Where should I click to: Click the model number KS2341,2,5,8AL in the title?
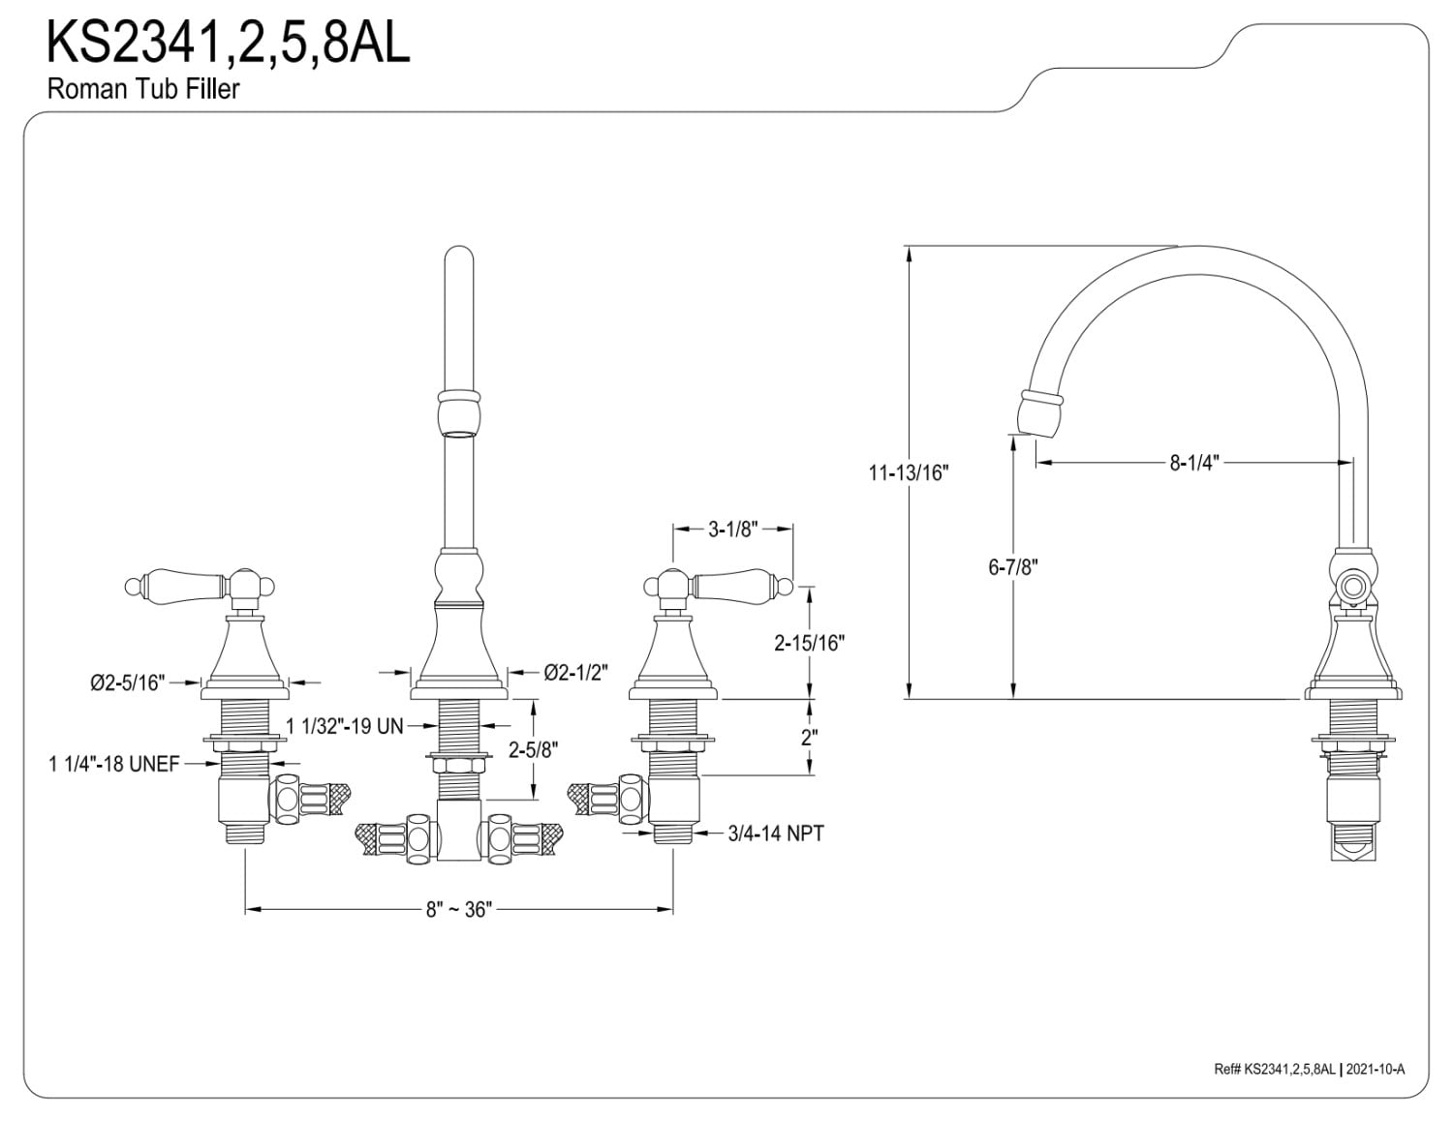229,44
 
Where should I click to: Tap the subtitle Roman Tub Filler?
143,89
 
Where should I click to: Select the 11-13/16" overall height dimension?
909,473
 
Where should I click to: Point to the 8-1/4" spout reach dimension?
1192,464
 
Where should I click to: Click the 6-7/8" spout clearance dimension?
1012,567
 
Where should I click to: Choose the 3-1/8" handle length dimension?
732,530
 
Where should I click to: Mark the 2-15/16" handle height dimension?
810,642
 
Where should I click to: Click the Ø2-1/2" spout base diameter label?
575,672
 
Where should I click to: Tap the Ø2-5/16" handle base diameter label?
128,682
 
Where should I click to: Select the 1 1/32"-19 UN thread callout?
344,725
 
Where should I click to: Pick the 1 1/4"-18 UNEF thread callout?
114,764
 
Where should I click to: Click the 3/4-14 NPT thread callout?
776,833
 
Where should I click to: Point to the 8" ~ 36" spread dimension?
459,909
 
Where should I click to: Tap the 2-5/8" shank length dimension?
534,748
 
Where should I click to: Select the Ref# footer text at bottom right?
1309,1069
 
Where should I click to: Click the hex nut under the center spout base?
458,766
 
